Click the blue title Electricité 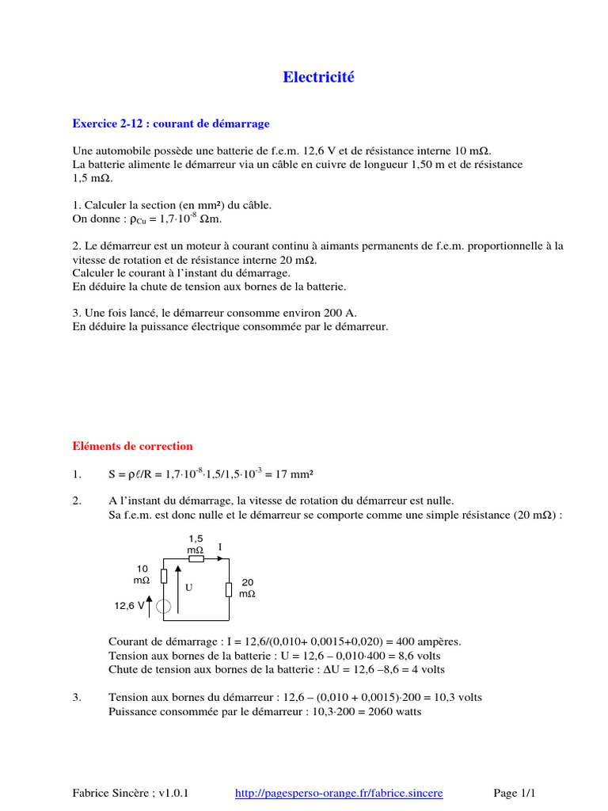point(320,77)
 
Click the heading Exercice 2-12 point(171,124)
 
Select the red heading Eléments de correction point(133,446)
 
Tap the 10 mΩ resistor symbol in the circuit point(164,576)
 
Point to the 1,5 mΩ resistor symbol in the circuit point(196,559)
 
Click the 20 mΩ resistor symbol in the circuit point(228,589)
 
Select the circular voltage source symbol point(164,607)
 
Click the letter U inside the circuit point(188,588)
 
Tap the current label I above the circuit point(220,547)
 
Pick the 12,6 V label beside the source point(130,606)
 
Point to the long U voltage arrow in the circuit point(178,590)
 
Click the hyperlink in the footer point(340,792)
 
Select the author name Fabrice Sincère point(108,792)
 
